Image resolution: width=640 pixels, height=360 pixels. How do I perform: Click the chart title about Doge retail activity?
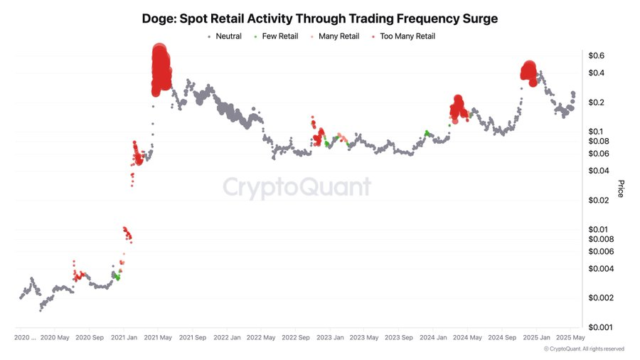pos(319,18)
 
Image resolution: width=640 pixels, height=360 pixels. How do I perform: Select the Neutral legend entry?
pos(228,36)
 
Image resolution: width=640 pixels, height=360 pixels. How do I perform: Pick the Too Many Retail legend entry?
pos(407,36)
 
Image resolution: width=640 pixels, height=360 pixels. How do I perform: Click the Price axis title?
pos(620,189)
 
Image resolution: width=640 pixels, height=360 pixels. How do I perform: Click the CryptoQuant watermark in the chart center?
pos(297,187)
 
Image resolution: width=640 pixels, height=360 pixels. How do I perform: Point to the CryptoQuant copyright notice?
pos(584,349)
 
